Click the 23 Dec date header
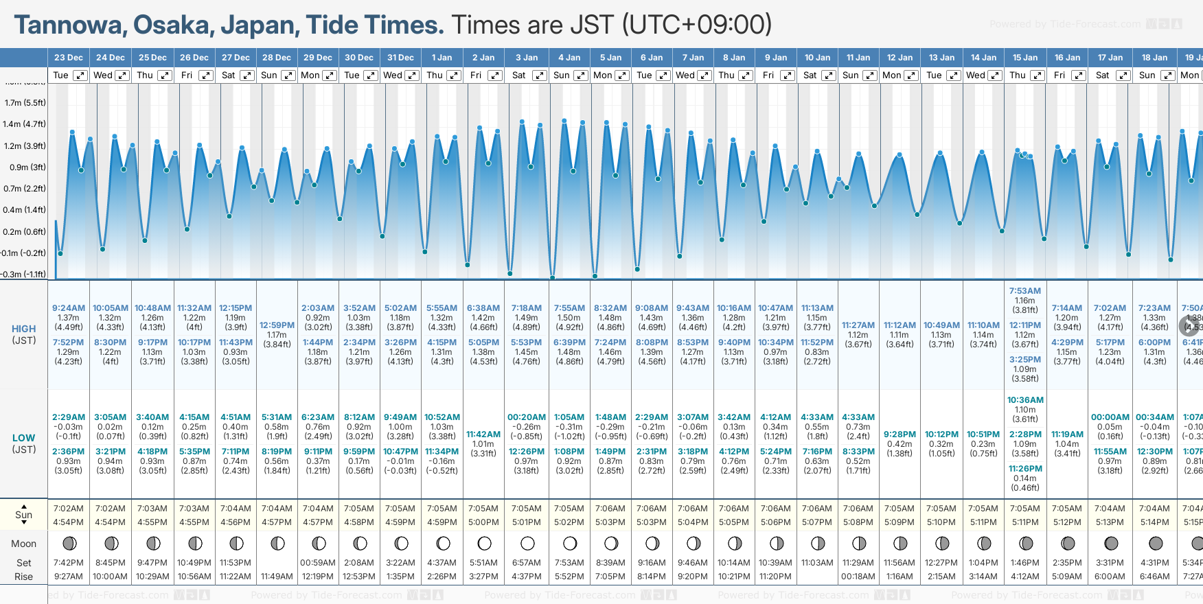[68, 58]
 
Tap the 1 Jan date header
[442, 58]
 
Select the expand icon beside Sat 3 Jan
[540, 75]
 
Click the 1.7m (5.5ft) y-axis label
[25, 103]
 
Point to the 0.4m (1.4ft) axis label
[24, 210]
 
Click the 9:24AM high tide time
[69, 308]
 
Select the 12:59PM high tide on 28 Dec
[277, 325]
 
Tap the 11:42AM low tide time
[483, 434]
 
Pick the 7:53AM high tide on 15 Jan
[1024, 291]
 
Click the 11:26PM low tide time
[1024, 469]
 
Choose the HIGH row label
[23, 329]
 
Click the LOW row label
[23, 438]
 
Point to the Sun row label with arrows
[23, 515]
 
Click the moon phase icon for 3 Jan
[527, 544]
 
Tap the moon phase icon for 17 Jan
[1110, 544]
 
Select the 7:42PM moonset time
[69, 563]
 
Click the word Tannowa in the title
[67, 25]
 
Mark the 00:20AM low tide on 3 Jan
[527, 417]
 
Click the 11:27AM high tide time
[858, 325]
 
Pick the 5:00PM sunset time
[483, 522]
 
